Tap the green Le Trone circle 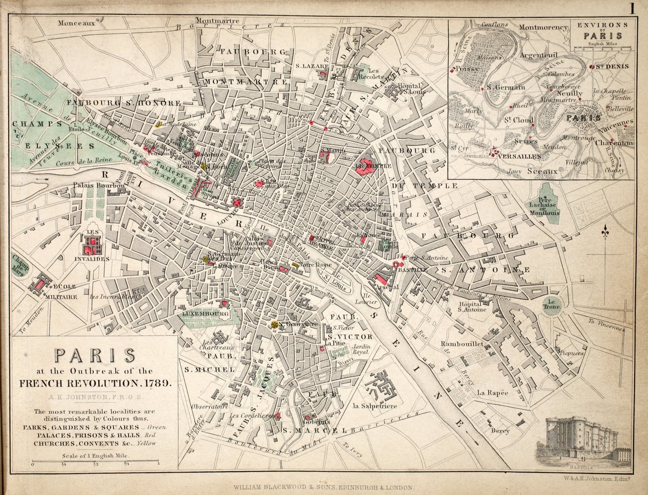(553, 303)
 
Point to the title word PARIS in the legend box (95, 355)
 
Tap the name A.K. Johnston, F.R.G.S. (95, 396)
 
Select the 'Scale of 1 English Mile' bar (95, 464)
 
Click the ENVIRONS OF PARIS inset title (601, 30)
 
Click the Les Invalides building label (93, 259)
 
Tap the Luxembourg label (205, 313)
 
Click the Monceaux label (77, 23)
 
